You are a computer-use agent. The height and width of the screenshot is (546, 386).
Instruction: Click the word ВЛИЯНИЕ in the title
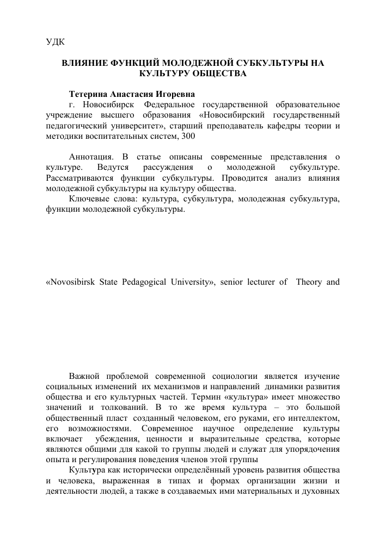[83, 63]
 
